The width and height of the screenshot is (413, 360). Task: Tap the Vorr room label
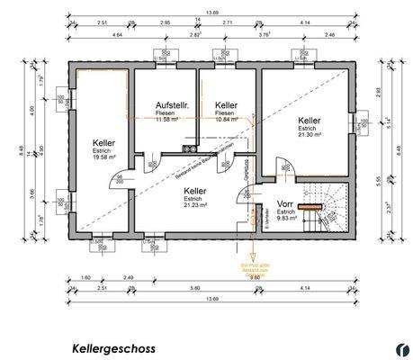point(286,203)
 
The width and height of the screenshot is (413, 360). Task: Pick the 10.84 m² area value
point(229,119)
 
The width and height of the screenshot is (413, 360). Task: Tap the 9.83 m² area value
point(286,218)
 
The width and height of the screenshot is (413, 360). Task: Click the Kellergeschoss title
point(113,346)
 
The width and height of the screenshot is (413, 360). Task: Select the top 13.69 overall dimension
point(211,12)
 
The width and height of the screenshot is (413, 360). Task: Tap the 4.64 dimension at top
point(118,35)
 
